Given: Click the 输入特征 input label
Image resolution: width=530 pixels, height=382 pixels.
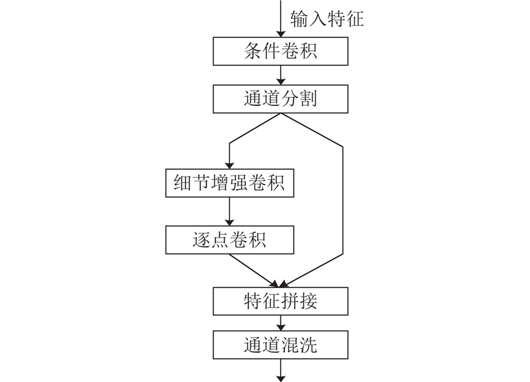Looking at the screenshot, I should [x=327, y=19].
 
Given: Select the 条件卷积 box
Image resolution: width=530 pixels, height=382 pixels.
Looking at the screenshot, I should [x=281, y=51].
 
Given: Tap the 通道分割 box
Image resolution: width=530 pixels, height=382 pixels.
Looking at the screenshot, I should [x=281, y=99].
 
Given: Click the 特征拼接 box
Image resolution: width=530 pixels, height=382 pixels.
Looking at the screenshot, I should [x=281, y=302].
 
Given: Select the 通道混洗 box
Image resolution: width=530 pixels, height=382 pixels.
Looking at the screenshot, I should [x=281, y=345].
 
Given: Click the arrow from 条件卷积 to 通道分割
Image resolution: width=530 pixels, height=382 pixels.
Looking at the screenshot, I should [x=281, y=75].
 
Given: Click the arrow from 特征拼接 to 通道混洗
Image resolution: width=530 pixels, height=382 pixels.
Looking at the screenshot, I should [x=281, y=323].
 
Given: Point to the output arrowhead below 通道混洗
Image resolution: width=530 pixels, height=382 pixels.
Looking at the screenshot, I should [x=281, y=377].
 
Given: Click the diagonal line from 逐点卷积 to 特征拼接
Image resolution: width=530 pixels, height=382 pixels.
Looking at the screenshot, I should [x=255, y=270].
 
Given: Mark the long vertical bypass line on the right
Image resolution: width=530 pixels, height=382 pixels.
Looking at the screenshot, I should [x=344, y=199].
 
